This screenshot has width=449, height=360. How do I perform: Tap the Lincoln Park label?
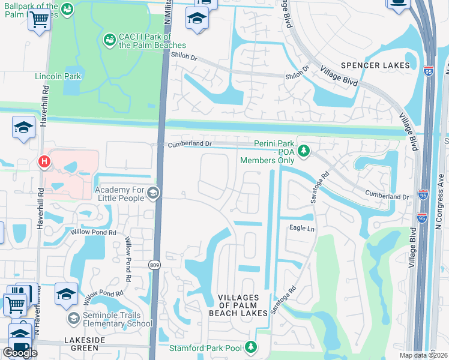click(57, 77)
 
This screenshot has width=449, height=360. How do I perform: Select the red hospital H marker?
click(43, 161)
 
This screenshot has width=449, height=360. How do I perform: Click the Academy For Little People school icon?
click(153, 192)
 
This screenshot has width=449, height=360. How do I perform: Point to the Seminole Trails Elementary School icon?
click(74, 317)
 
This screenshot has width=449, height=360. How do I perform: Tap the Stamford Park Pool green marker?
click(252, 347)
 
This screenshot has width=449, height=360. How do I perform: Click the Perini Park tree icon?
click(304, 150)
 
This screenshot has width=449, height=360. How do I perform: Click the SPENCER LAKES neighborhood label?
click(375, 65)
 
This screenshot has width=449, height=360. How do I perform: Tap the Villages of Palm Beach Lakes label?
click(238, 305)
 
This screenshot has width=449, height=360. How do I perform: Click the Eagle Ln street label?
click(302, 229)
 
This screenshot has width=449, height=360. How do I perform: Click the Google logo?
click(20, 353)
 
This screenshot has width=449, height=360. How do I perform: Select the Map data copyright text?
click(423, 355)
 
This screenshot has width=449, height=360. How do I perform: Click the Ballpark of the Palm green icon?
click(68, 9)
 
